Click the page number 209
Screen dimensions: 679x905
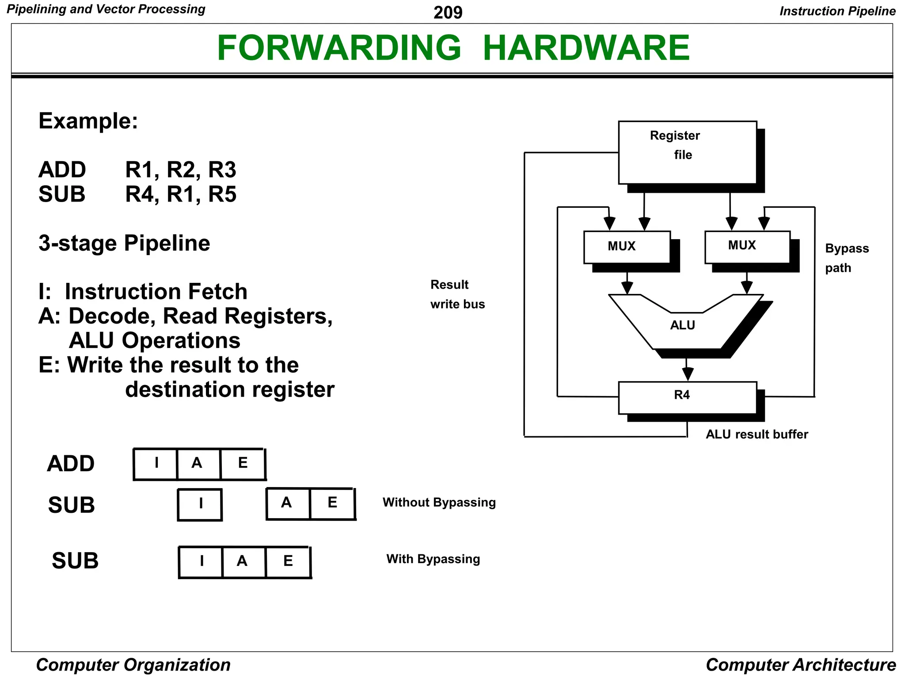(x=448, y=12)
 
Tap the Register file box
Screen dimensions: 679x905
(x=687, y=153)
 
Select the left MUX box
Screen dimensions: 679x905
(x=627, y=247)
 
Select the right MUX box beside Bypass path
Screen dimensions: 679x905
(x=747, y=247)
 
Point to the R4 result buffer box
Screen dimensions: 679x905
(x=687, y=397)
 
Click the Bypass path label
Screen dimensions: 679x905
(x=846, y=258)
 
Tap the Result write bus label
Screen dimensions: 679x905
(x=457, y=294)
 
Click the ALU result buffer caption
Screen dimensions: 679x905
(x=757, y=434)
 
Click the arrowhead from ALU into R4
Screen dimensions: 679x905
(x=687, y=374)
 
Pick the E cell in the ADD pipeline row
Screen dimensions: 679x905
(x=243, y=464)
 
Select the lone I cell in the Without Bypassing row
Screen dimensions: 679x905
(x=200, y=504)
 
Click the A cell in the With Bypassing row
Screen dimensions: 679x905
(x=242, y=561)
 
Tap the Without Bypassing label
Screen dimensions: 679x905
(x=439, y=503)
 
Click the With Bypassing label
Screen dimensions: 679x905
(x=433, y=559)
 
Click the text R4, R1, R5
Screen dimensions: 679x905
(x=181, y=195)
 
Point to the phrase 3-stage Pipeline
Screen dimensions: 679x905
(x=124, y=243)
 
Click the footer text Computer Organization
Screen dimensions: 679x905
(x=133, y=665)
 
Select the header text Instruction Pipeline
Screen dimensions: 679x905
(x=837, y=11)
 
